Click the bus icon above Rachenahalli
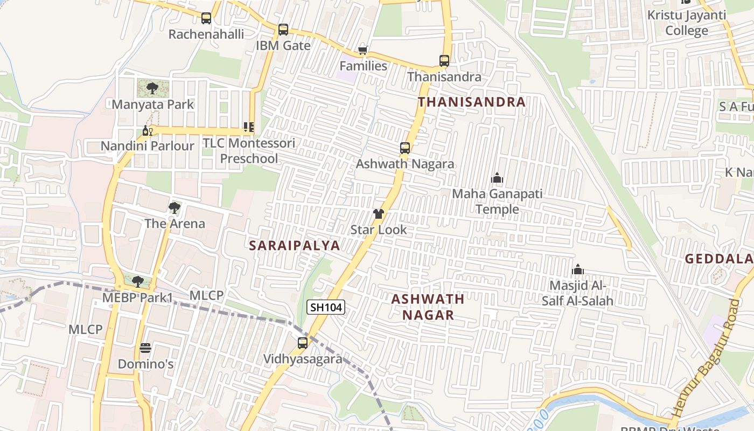click(x=206, y=18)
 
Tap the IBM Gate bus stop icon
click(x=283, y=30)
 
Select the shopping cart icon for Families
click(x=362, y=51)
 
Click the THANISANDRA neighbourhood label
click(x=471, y=102)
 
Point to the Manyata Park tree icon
click(x=152, y=88)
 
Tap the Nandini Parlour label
click(x=148, y=146)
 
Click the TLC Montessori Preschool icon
click(x=248, y=127)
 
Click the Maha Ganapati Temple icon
click(x=497, y=178)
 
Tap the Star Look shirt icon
click(x=379, y=214)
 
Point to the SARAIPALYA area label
click(x=295, y=246)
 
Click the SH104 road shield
click(x=326, y=308)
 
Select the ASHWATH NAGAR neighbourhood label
click(x=428, y=307)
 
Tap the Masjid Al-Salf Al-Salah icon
click(x=578, y=269)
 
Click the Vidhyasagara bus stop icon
click(x=303, y=343)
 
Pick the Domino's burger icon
click(x=145, y=348)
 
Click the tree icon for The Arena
click(x=174, y=207)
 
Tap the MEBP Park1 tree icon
click(x=138, y=281)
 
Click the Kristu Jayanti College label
click(x=687, y=23)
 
